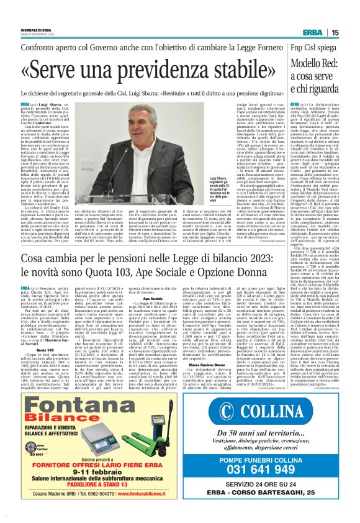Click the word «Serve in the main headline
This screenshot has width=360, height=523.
point(68,68)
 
